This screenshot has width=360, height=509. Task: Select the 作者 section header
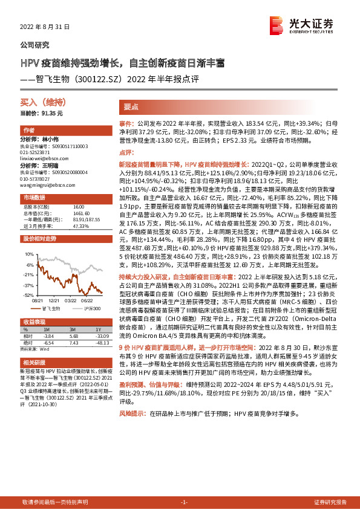(28, 131)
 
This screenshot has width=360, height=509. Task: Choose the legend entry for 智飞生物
(52, 308)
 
